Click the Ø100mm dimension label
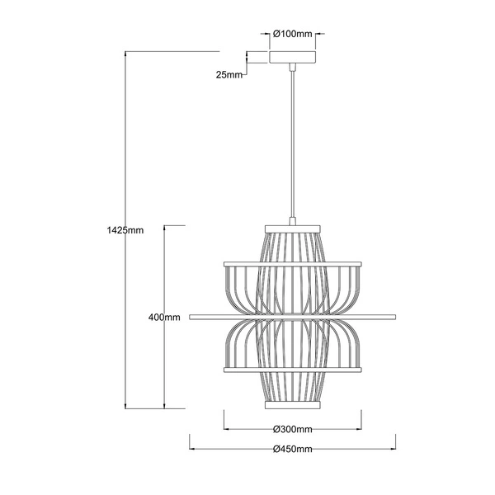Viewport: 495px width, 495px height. tap(294, 35)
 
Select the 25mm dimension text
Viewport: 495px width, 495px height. tap(229, 75)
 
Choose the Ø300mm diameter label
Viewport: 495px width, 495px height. tap(293, 429)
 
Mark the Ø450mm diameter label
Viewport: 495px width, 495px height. tap(293, 449)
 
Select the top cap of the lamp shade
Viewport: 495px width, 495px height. tap(293, 228)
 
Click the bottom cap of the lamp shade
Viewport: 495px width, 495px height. tap(293, 406)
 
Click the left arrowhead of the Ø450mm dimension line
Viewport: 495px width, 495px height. tap(193, 449)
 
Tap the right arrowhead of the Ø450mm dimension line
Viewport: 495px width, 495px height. tap(394, 449)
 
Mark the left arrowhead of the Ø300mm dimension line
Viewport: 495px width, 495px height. tap(227, 429)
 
